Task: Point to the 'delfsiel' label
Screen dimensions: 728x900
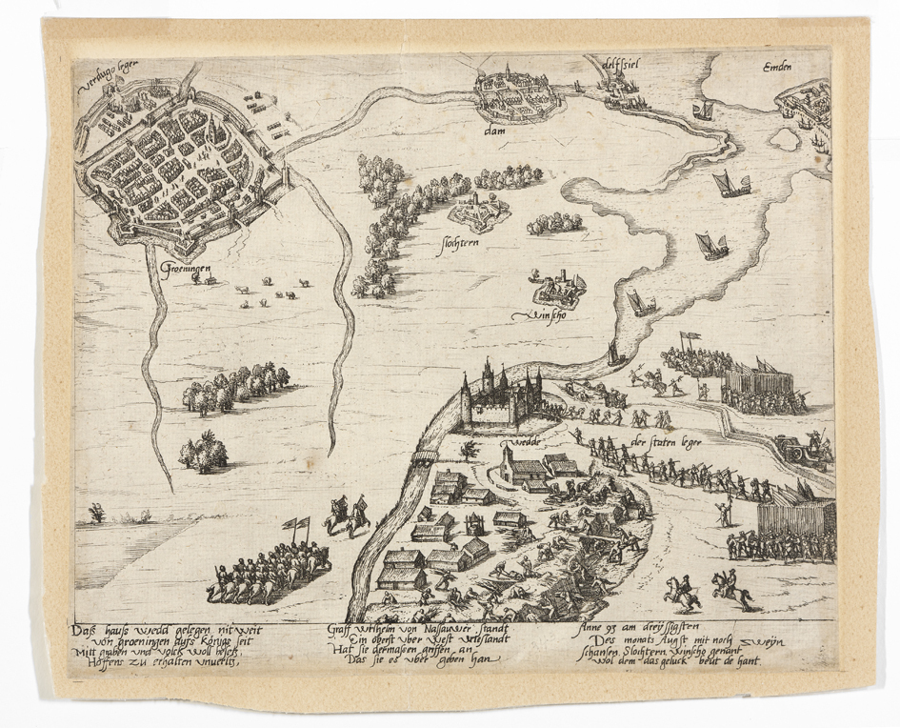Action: click(619, 65)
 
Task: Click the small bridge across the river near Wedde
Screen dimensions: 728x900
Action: click(425, 441)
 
